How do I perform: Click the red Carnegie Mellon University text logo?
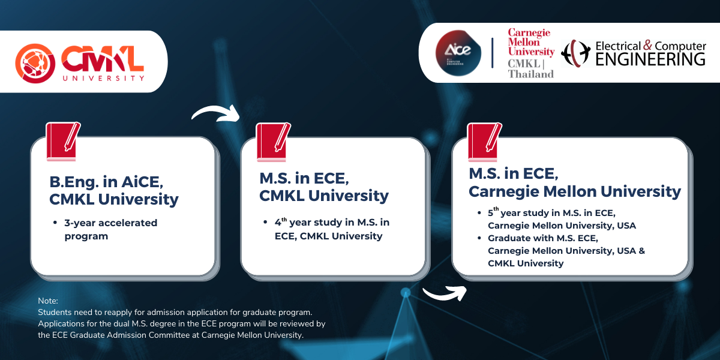click(x=531, y=42)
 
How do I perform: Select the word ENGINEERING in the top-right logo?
click(x=650, y=59)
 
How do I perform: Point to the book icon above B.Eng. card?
click(x=62, y=142)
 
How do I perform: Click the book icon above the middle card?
click(x=273, y=142)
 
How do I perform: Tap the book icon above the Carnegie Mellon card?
click(x=484, y=142)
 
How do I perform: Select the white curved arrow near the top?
click(x=215, y=113)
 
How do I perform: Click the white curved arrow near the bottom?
click(x=445, y=293)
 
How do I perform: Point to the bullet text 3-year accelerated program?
click(x=110, y=229)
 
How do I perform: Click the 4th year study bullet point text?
click(x=331, y=229)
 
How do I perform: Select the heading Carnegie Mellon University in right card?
click(x=574, y=191)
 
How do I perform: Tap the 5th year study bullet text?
click(x=561, y=219)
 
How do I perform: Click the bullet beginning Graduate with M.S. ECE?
click(x=566, y=251)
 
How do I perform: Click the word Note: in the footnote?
click(x=47, y=300)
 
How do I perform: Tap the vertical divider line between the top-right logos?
click(x=493, y=53)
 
